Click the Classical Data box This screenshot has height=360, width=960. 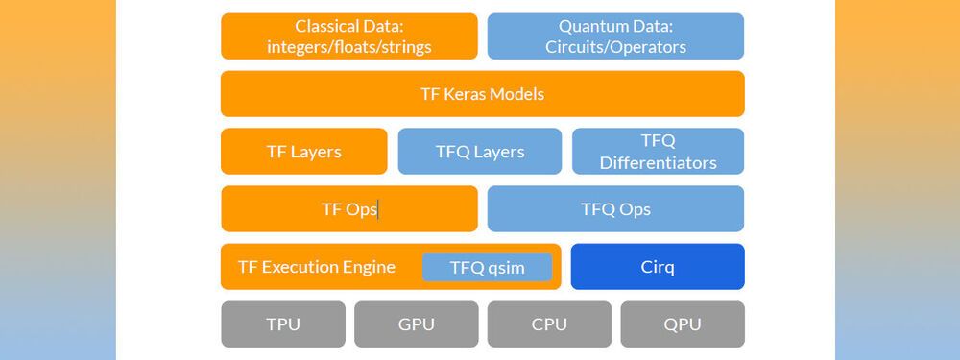point(348,36)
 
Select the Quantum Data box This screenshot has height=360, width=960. point(615,36)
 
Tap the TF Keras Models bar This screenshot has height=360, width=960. point(482,94)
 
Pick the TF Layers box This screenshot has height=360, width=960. point(303,152)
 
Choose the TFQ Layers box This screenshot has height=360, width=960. point(479,152)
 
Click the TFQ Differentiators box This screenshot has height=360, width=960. point(658,152)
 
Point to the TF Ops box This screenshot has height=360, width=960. point(348,209)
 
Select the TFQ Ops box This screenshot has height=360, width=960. point(615,209)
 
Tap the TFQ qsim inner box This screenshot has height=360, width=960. point(487,267)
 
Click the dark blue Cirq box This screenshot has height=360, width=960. point(658,267)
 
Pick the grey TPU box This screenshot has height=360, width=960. point(282,324)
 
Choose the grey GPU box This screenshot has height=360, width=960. point(416,324)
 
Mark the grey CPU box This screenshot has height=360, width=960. point(549,324)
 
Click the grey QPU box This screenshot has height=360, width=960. point(682,324)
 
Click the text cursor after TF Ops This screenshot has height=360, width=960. point(378,209)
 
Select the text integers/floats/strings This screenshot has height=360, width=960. point(348,46)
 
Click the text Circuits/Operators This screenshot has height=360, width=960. point(615,46)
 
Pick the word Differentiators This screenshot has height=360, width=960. point(658,162)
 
